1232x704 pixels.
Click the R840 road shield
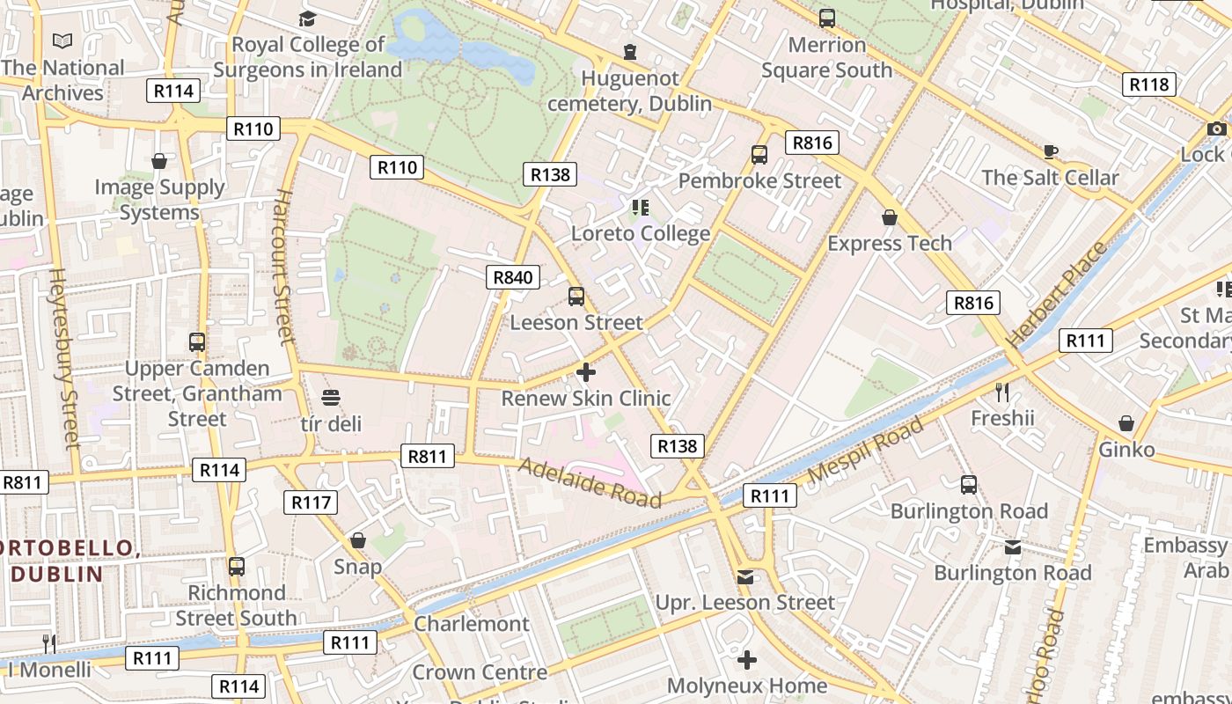(513, 277)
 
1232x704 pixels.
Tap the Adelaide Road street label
(590, 483)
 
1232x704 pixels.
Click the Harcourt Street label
(282, 265)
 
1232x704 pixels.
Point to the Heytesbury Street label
(66, 357)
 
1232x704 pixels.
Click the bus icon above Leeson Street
(576, 297)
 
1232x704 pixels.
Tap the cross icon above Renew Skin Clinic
(586, 372)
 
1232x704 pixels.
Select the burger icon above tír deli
(331, 398)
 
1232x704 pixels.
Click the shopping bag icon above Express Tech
(890, 217)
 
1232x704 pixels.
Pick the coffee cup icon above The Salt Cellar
(1050, 151)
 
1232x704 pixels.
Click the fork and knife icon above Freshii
(1002, 392)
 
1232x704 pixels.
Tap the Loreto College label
(641, 234)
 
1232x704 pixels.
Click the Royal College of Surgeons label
(308, 57)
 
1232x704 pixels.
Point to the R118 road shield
(1148, 84)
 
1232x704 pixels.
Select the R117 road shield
(311, 502)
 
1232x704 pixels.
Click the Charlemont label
(472, 624)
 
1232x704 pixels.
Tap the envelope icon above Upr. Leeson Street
(745, 577)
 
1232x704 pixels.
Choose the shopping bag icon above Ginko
(1126, 424)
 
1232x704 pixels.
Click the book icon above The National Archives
(62, 41)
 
